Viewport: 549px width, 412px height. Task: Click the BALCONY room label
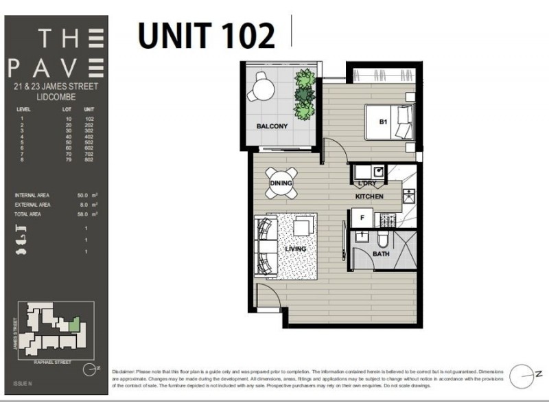[272, 126]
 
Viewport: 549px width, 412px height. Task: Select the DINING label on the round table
[281, 183]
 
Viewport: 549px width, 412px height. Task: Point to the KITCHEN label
[369, 197]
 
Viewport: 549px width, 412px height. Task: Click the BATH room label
[381, 254]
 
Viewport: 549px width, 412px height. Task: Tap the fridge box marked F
[362, 217]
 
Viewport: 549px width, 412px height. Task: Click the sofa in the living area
[264, 246]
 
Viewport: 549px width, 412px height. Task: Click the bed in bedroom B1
[388, 122]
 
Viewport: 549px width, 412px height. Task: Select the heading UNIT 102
[206, 36]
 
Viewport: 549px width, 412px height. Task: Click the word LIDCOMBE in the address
[56, 97]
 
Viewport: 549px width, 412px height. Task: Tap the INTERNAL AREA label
[32, 196]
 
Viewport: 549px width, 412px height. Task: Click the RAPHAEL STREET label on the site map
[53, 359]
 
